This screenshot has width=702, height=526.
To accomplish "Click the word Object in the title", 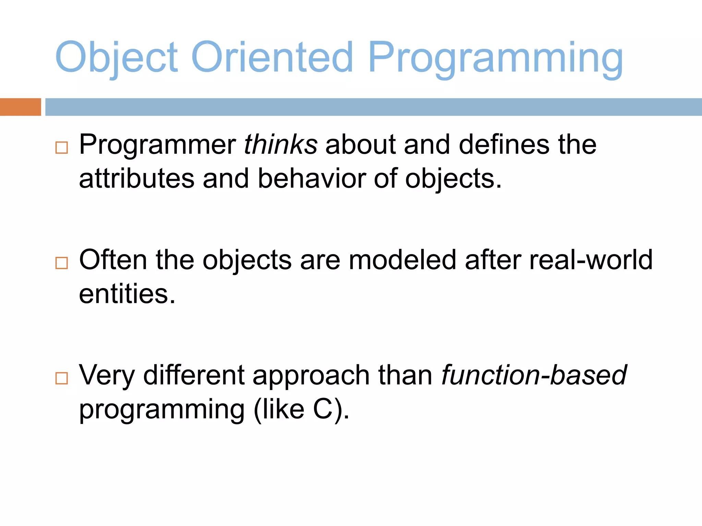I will pos(117,58).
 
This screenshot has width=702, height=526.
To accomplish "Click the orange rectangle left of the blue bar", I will pos(20,107).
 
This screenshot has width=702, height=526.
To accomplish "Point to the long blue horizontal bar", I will pos(374,107).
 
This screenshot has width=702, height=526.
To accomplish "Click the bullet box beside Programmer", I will pos(62,148).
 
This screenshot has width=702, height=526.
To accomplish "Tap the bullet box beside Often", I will pos(62,263).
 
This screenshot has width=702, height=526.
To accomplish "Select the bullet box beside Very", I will pos(62,378).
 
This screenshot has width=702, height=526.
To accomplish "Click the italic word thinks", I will pos(280,145).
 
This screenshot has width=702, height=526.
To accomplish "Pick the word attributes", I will pos(137,179).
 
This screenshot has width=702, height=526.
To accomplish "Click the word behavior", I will pos(312,179).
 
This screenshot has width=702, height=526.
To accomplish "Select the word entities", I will pos(127,294).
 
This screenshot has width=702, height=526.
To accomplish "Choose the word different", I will pos(194,375).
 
